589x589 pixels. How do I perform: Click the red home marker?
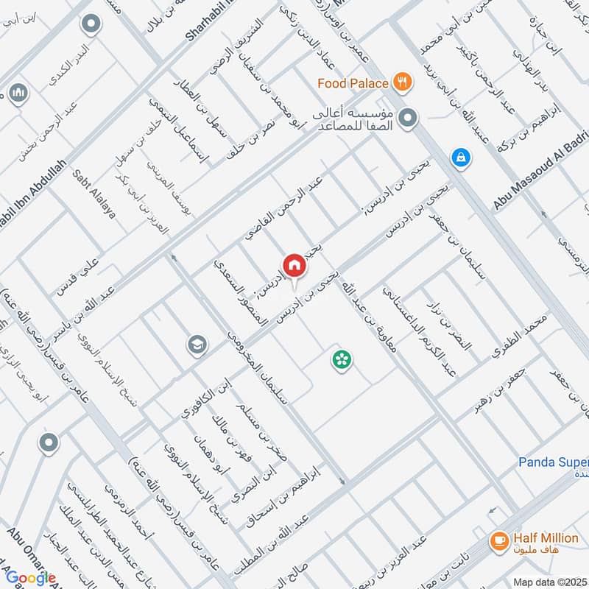pos(293,265)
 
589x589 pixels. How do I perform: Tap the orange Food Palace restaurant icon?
pos(401,82)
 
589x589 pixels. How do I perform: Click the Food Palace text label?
pos(353,83)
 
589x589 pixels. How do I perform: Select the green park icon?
pos(342,359)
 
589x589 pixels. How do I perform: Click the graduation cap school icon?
pos(197,345)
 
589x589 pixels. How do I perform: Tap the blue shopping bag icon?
pos(460,157)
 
